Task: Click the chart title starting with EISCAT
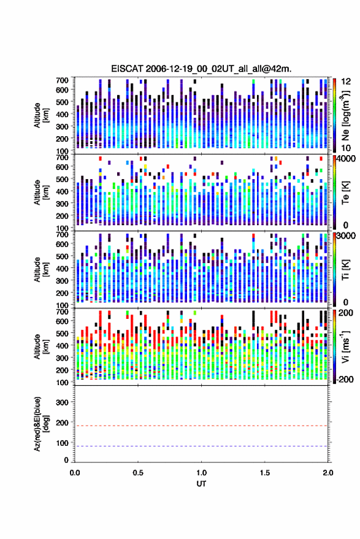[x=201, y=69]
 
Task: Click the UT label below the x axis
[x=201, y=484]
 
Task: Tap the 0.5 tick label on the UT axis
[x=138, y=473]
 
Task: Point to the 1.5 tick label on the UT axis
[x=265, y=473]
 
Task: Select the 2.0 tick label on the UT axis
[x=328, y=473]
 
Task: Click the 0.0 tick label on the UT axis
[x=75, y=473]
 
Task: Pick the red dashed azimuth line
[x=201, y=426]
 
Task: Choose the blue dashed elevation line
[x=201, y=446]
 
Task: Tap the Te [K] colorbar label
[x=345, y=193]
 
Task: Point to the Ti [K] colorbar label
[x=345, y=270]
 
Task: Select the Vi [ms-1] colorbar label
[x=345, y=346]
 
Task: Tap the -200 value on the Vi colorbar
[x=345, y=379]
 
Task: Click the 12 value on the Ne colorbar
[x=346, y=82]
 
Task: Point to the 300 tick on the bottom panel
[x=62, y=402]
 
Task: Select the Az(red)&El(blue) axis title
[x=41, y=424]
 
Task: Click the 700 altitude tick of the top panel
[x=62, y=80]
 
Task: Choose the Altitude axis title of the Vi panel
[x=41, y=346]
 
